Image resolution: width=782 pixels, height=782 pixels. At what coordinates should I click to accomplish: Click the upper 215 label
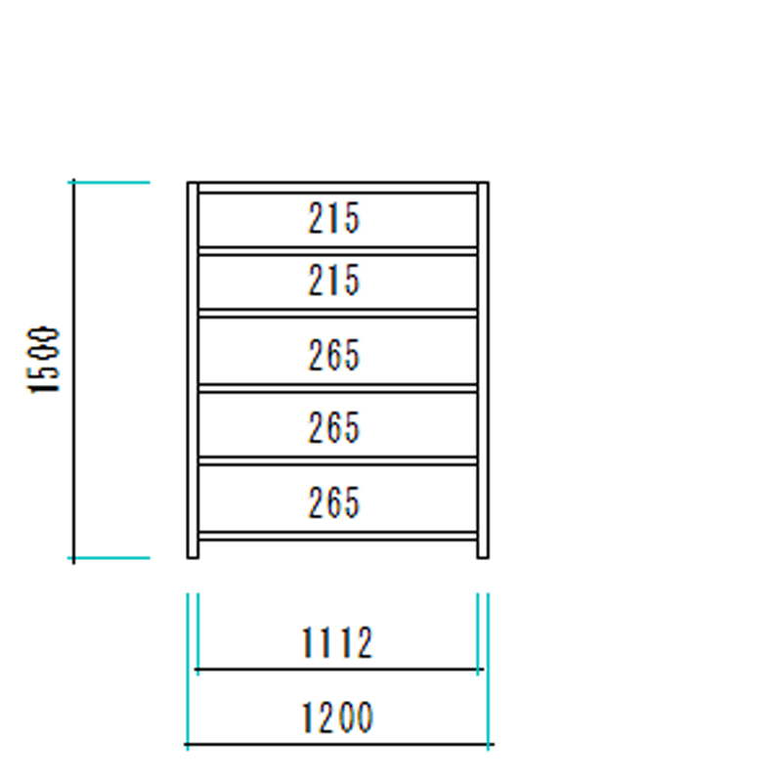coord(333,218)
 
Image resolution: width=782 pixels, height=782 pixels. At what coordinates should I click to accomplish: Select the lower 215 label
coord(333,281)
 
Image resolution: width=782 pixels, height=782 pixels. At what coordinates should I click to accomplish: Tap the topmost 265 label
coord(333,355)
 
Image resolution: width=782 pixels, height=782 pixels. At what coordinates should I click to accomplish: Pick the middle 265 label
coord(333,427)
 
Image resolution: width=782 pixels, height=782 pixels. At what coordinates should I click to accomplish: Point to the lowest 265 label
coord(333,502)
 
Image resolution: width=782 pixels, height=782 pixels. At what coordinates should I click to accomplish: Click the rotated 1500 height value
coord(43,360)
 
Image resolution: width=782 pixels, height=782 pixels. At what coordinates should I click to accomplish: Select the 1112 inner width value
coord(337,642)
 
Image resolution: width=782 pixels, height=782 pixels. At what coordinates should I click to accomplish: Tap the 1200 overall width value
coord(337,717)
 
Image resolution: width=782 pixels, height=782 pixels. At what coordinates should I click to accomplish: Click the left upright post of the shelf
coord(193,370)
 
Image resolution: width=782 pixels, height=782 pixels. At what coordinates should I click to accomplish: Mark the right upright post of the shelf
coord(483,370)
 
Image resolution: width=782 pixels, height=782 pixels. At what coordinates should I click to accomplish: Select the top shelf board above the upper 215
coord(337,188)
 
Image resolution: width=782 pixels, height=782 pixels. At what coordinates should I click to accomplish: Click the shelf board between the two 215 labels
coord(337,251)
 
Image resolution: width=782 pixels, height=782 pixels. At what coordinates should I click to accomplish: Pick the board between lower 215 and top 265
coord(337,313)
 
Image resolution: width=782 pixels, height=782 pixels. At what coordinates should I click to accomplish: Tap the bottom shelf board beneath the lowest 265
coord(337,536)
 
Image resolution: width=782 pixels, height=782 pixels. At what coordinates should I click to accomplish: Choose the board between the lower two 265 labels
coord(337,460)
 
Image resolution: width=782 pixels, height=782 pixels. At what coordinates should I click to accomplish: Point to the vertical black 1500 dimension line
coord(74,371)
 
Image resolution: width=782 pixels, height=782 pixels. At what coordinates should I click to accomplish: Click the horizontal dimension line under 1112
coord(338,669)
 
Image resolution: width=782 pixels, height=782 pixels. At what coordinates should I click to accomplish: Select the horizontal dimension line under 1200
coord(339,744)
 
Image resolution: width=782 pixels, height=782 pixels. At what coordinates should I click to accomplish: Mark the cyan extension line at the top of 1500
coord(109,183)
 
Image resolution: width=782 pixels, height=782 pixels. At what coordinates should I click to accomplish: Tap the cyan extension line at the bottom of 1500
coord(109,557)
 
